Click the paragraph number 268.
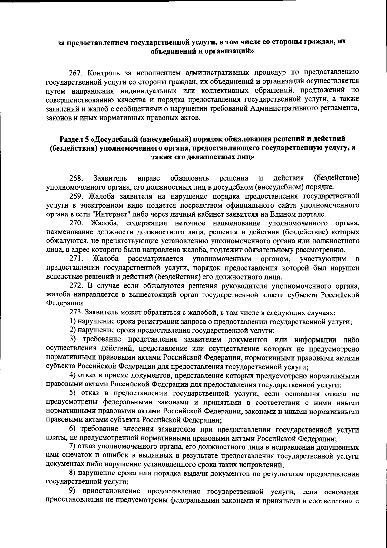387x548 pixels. [76, 178]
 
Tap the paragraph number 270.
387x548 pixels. [76, 223]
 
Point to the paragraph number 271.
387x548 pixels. [76, 259]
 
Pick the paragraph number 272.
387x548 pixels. [76, 286]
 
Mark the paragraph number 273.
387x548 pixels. [76, 313]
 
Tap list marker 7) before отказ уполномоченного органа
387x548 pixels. [73, 448]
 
